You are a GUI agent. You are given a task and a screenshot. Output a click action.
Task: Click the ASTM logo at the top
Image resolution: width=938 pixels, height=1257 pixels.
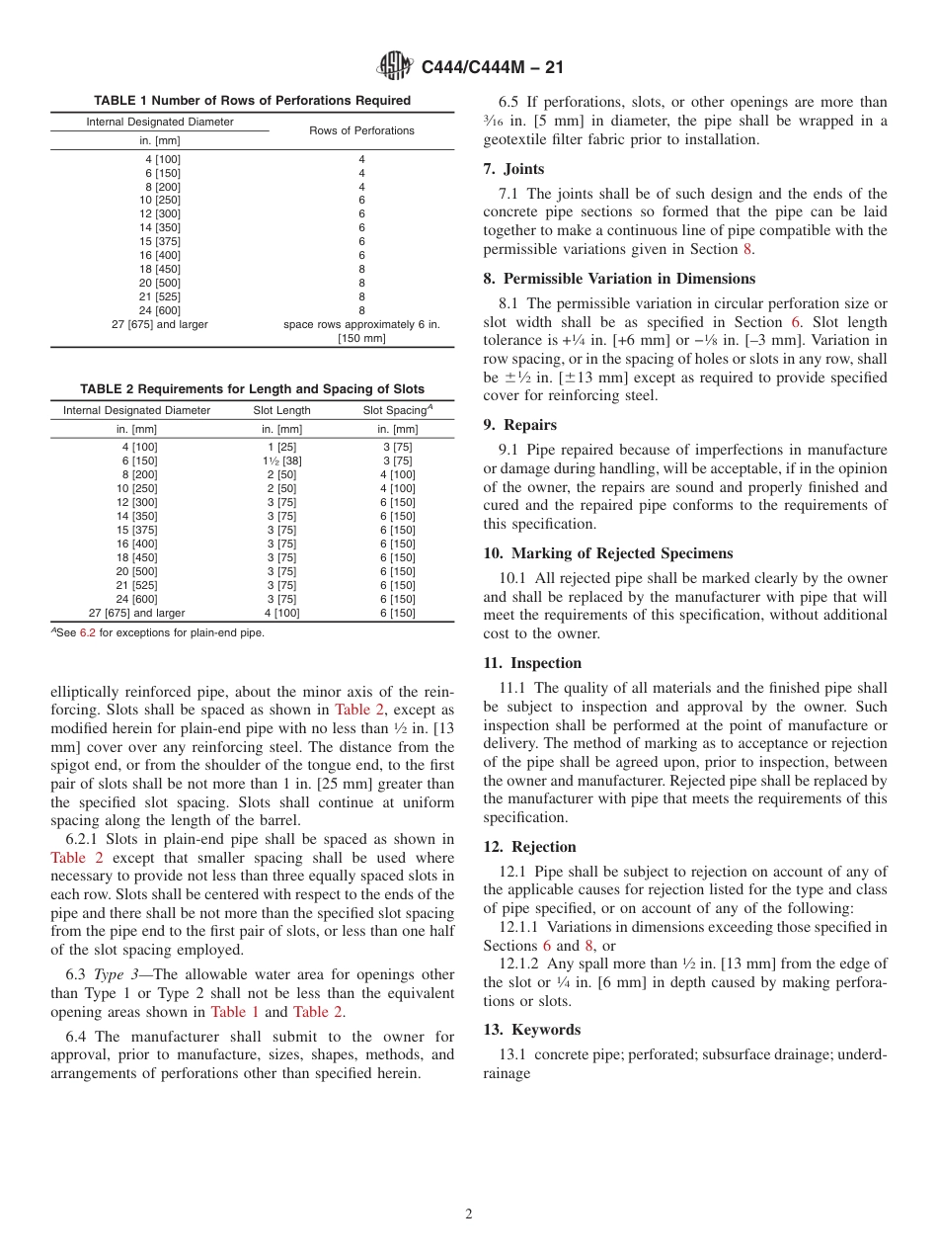pyautogui.click(x=396, y=67)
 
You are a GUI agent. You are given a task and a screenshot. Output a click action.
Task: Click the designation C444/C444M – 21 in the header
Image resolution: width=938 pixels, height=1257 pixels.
pyautogui.click(x=492, y=67)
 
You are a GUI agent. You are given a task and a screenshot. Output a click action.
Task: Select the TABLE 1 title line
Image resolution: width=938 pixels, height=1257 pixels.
pyautogui.click(x=252, y=101)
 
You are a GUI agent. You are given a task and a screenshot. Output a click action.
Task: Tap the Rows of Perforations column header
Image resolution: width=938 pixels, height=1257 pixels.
pyautogui.click(x=361, y=130)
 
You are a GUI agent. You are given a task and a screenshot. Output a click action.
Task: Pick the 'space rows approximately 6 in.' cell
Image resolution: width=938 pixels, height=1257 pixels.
pyautogui.click(x=361, y=324)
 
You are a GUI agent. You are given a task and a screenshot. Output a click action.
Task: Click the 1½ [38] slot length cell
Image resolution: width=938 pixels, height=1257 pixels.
pyautogui.click(x=281, y=461)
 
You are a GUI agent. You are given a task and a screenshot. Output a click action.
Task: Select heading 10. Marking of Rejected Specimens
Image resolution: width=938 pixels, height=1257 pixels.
pyautogui.click(x=607, y=553)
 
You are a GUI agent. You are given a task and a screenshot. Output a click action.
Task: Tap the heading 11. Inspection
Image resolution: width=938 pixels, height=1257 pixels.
pyautogui.click(x=532, y=663)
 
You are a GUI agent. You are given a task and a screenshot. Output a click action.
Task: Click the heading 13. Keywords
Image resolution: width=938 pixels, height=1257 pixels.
pyautogui.click(x=531, y=1030)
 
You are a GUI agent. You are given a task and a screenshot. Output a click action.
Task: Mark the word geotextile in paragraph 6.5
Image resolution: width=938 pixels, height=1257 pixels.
pyautogui.click(x=518, y=139)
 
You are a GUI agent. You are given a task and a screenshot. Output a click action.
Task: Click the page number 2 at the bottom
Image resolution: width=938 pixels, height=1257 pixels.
pyautogui.click(x=469, y=1215)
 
